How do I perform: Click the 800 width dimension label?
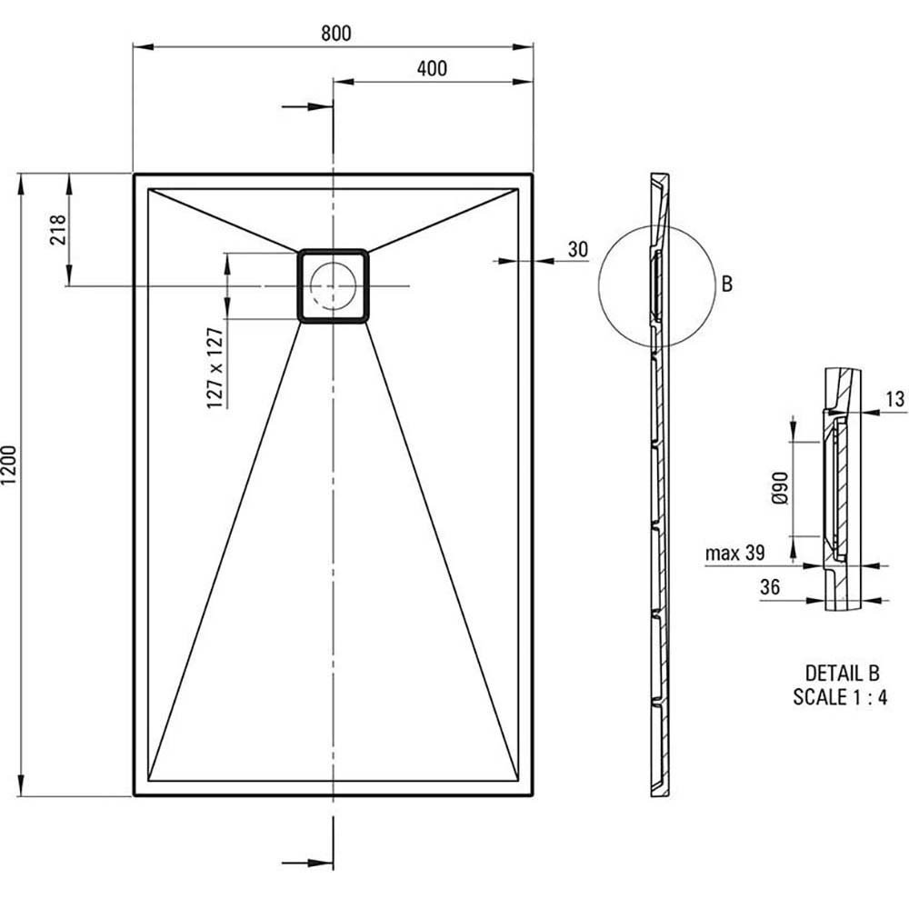click(x=336, y=33)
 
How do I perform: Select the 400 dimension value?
click(x=432, y=68)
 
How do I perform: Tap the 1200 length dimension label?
click(x=10, y=465)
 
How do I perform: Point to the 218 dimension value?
click(x=58, y=230)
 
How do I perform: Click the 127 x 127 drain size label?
click(x=215, y=368)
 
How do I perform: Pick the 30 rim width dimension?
click(x=577, y=249)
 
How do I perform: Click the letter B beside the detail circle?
click(x=727, y=284)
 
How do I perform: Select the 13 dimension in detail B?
click(x=895, y=399)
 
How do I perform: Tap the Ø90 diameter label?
click(x=780, y=487)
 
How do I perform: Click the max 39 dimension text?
click(x=735, y=553)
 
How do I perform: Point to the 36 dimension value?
click(x=770, y=587)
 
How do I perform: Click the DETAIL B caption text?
click(x=843, y=673)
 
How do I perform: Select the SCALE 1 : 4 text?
click(x=840, y=697)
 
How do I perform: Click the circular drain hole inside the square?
click(x=333, y=285)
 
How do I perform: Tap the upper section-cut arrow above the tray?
click(x=307, y=106)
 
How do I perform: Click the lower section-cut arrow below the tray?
click(x=307, y=864)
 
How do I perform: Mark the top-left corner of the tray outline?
click(x=134, y=174)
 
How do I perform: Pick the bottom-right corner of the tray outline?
click(x=532, y=795)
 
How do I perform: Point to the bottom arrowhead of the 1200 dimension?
click(x=22, y=785)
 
